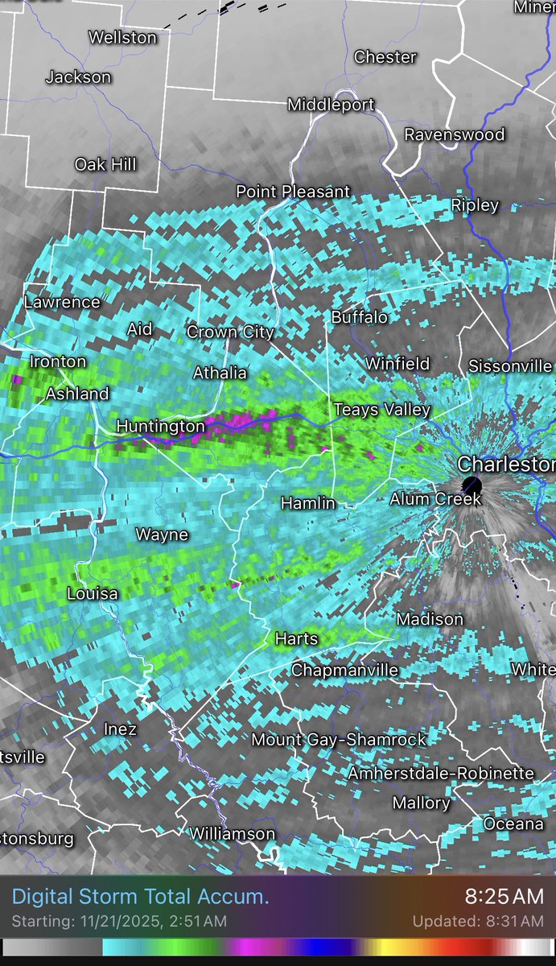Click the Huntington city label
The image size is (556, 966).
(161, 426)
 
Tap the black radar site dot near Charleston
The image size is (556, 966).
(472, 485)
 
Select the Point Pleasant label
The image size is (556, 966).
(293, 192)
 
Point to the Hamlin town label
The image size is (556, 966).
(307, 503)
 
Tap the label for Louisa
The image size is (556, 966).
(93, 594)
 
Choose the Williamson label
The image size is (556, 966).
(232, 834)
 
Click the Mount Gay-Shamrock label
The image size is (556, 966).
(339, 739)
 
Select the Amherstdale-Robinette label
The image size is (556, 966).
(441, 774)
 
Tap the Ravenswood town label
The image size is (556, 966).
(454, 134)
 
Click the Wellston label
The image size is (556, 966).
(122, 37)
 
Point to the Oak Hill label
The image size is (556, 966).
(105, 164)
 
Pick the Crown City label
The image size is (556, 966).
(230, 332)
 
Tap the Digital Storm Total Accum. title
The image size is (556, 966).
(141, 896)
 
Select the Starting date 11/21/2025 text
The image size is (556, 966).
(119, 921)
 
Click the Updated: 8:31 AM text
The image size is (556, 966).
(478, 921)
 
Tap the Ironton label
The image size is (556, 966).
(58, 361)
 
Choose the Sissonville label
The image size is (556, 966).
(510, 365)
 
